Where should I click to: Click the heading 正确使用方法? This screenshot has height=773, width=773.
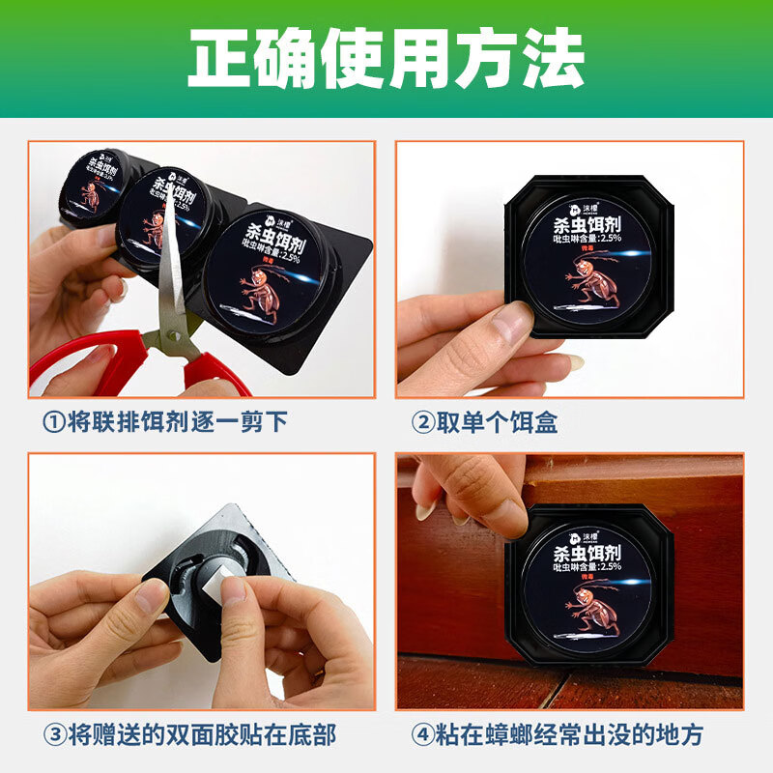coord(386,61)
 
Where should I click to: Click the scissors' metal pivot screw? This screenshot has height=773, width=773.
coord(174,337)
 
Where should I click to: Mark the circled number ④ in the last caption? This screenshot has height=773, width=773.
coord(422,734)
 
